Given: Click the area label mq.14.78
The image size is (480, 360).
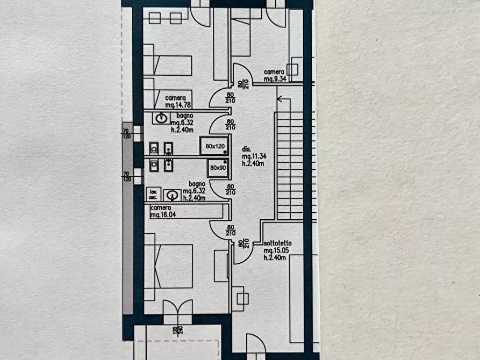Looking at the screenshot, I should pyautogui.click(x=176, y=106).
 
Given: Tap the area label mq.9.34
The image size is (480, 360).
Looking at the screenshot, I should pyautogui.click(x=274, y=79).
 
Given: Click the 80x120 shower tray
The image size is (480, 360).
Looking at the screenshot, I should pyautogui.click(x=214, y=146).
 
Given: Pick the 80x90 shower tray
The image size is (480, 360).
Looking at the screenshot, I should pyautogui.click(x=218, y=168).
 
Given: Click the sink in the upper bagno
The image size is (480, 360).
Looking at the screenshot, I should pyautogui.click(x=160, y=118).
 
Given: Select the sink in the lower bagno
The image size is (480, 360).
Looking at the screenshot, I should pyautogui.click(x=171, y=195).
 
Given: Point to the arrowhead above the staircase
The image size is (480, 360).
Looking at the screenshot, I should pyautogui.click(x=279, y=98).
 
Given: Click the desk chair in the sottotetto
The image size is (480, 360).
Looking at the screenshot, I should pyautogui.click(x=240, y=298).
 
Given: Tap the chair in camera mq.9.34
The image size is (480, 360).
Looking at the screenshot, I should pyautogui.click(x=292, y=69).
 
